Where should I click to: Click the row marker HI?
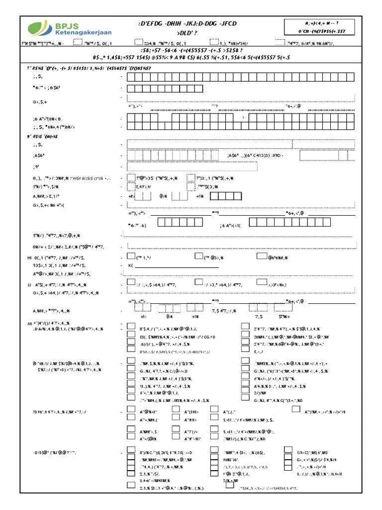29,257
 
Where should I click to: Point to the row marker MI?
29,324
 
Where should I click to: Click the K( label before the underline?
131,265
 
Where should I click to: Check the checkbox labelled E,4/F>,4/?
131,187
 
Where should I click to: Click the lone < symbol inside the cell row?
243,118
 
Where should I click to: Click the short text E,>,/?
259,351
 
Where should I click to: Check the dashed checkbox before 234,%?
138,43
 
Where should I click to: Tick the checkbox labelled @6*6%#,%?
262,256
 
